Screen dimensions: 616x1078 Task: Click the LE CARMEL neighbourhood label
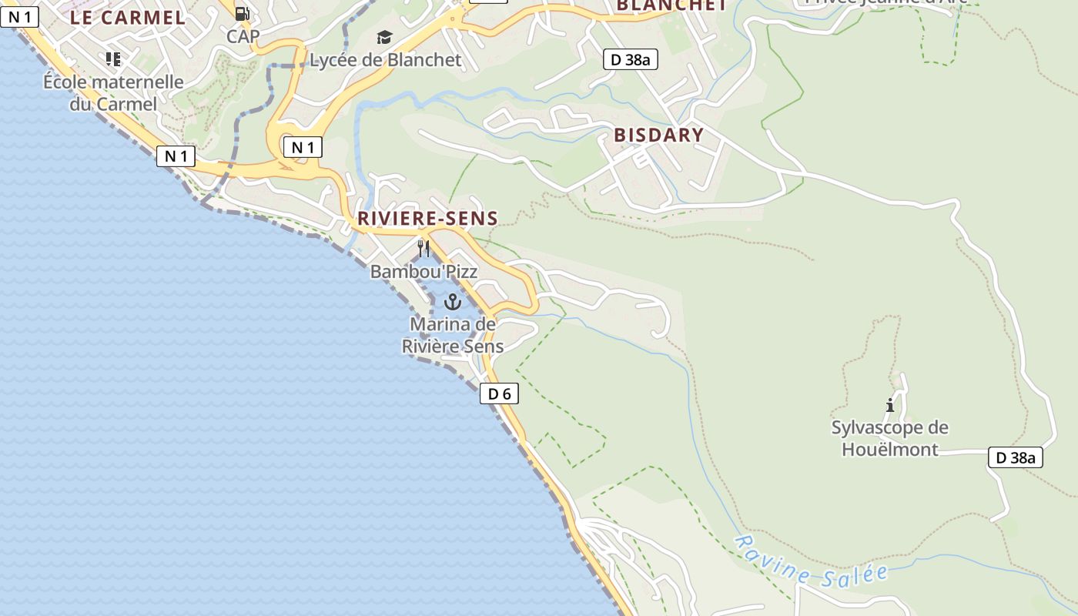[128, 18]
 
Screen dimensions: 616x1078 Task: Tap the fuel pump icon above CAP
[242, 13]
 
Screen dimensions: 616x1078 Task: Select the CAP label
[243, 36]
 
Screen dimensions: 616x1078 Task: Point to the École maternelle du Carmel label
[113, 92]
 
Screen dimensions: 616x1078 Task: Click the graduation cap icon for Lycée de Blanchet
[384, 38]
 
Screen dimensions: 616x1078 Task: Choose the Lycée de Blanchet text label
[385, 60]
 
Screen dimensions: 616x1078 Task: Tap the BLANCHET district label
[671, 5]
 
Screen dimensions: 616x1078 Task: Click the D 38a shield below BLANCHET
[630, 59]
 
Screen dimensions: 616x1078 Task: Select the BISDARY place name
[658, 136]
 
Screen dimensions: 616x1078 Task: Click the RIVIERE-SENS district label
[427, 219]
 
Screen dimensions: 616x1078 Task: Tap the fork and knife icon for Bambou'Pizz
[423, 248]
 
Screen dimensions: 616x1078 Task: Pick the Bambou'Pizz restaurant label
[423, 271]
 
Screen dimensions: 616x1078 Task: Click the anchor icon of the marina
[452, 301]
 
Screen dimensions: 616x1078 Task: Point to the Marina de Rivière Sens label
[453, 335]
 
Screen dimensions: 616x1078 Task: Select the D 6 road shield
[499, 394]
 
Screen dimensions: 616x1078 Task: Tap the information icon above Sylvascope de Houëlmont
[890, 405]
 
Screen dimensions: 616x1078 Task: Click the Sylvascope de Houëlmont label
[890, 438]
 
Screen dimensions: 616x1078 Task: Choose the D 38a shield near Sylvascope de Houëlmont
[1015, 457]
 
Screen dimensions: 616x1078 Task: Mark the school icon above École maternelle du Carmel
[113, 59]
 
